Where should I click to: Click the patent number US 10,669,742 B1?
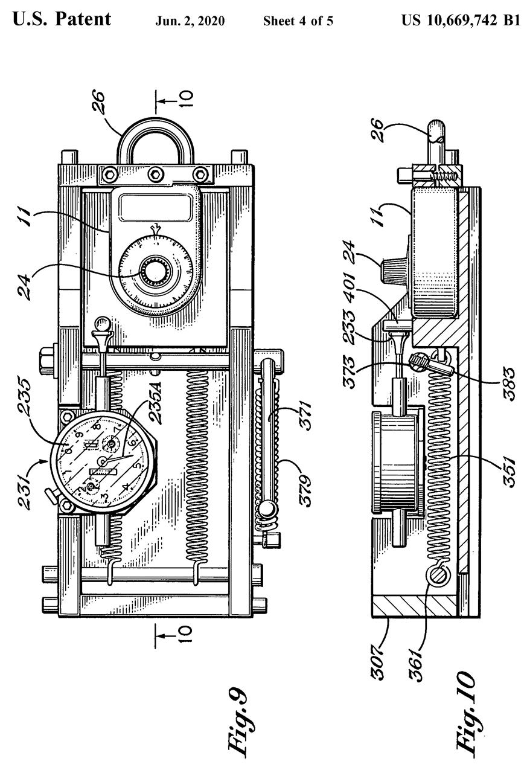click(461, 21)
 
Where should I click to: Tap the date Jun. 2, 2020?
click(190, 21)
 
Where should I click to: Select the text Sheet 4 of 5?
click(298, 21)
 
